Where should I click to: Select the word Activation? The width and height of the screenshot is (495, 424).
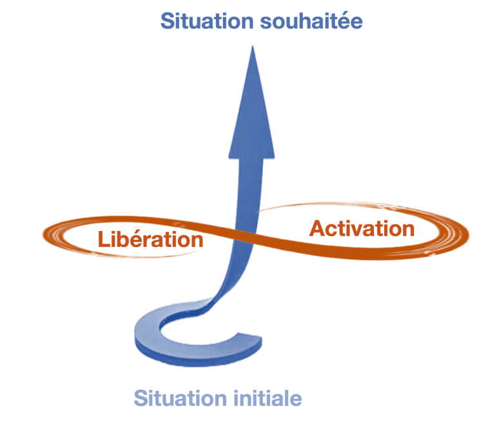[362, 228]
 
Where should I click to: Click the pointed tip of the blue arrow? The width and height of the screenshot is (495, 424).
[252, 46]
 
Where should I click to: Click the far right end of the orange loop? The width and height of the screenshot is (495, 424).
[464, 230]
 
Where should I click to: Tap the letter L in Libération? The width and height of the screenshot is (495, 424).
[104, 239]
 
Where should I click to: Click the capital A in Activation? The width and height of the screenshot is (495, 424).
[317, 229]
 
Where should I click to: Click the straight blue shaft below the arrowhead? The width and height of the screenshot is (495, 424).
[247, 187]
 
